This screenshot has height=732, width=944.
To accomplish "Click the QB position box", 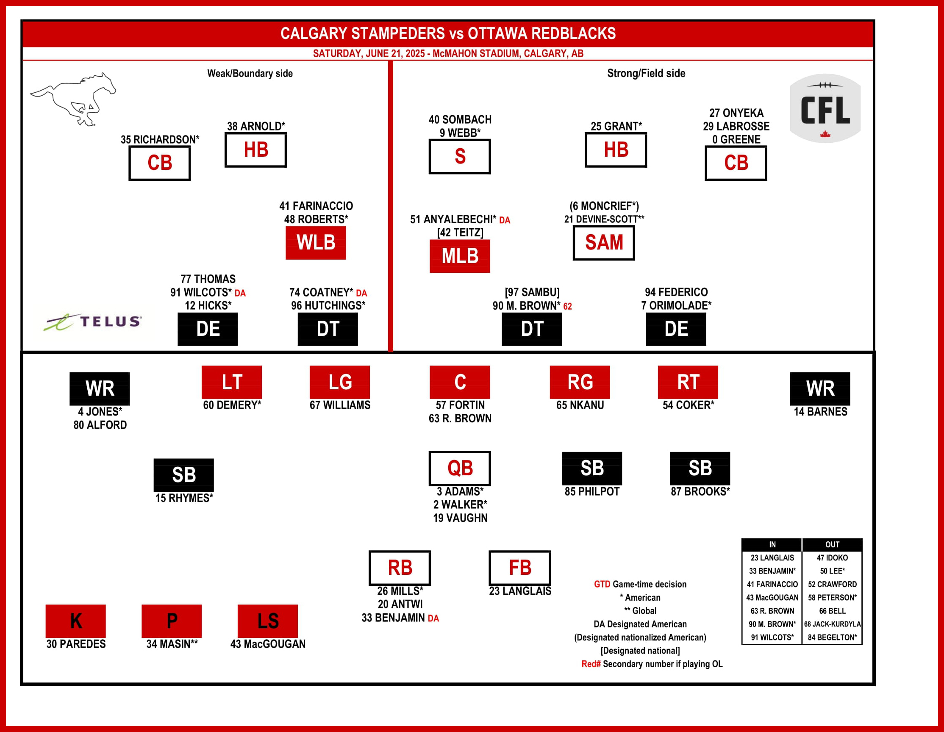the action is (459, 468).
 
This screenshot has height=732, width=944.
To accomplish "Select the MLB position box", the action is (459, 256).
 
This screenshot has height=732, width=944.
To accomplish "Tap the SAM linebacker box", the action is (604, 242).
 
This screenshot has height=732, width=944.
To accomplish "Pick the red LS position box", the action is (267, 621).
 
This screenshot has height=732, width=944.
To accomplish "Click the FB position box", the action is (519, 567).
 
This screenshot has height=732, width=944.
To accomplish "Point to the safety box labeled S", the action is (459, 156).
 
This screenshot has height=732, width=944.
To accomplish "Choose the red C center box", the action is (459, 382).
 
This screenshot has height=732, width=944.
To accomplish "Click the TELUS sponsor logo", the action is (92, 322).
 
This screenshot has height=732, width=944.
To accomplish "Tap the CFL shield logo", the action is (825, 108).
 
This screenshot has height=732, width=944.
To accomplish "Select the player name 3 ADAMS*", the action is (460, 491).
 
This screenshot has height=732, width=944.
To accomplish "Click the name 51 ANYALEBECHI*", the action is (453, 219).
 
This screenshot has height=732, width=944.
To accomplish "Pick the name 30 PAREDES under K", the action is (76, 644).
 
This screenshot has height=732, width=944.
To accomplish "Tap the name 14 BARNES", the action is (820, 411).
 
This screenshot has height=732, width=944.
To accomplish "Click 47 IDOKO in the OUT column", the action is (832, 558).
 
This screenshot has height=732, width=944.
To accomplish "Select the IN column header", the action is (772, 544).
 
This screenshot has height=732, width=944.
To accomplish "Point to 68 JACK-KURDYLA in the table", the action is (832, 624).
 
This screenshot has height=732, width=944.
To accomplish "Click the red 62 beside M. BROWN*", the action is (567, 306).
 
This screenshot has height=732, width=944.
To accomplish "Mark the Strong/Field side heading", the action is (646, 73).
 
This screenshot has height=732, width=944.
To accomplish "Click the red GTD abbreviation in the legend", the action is (602, 584).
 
